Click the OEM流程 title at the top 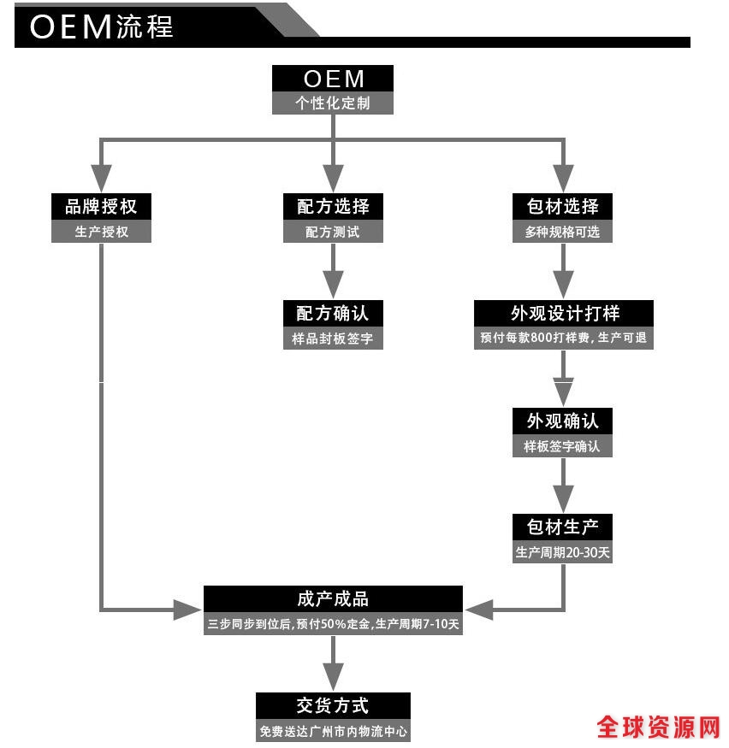101,26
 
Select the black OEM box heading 333,79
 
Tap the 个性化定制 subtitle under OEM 333,103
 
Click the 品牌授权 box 101,206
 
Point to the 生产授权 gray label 101,232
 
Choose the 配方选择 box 333,206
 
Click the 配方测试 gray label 333,232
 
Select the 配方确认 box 333,312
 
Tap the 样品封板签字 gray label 333,338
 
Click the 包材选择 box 562,206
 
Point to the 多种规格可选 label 562,232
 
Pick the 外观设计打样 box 564,313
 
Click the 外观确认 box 562,421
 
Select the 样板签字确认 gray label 562,445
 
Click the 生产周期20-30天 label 562,551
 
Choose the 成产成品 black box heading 333,598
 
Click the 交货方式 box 333,705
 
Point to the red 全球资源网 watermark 658,727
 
